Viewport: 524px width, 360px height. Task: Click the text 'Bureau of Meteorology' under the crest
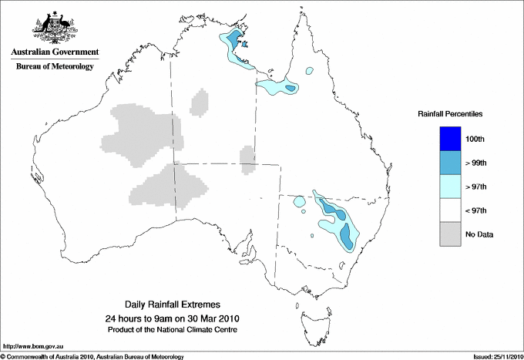click(54, 67)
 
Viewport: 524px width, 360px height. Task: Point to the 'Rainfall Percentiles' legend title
click(450, 114)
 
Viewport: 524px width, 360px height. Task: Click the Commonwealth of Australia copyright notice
click(92, 356)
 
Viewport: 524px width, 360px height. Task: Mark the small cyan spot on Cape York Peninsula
click(309, 70)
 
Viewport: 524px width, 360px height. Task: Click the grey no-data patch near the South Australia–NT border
click(247, 158)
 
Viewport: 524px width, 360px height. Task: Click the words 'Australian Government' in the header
click(54, 52)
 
